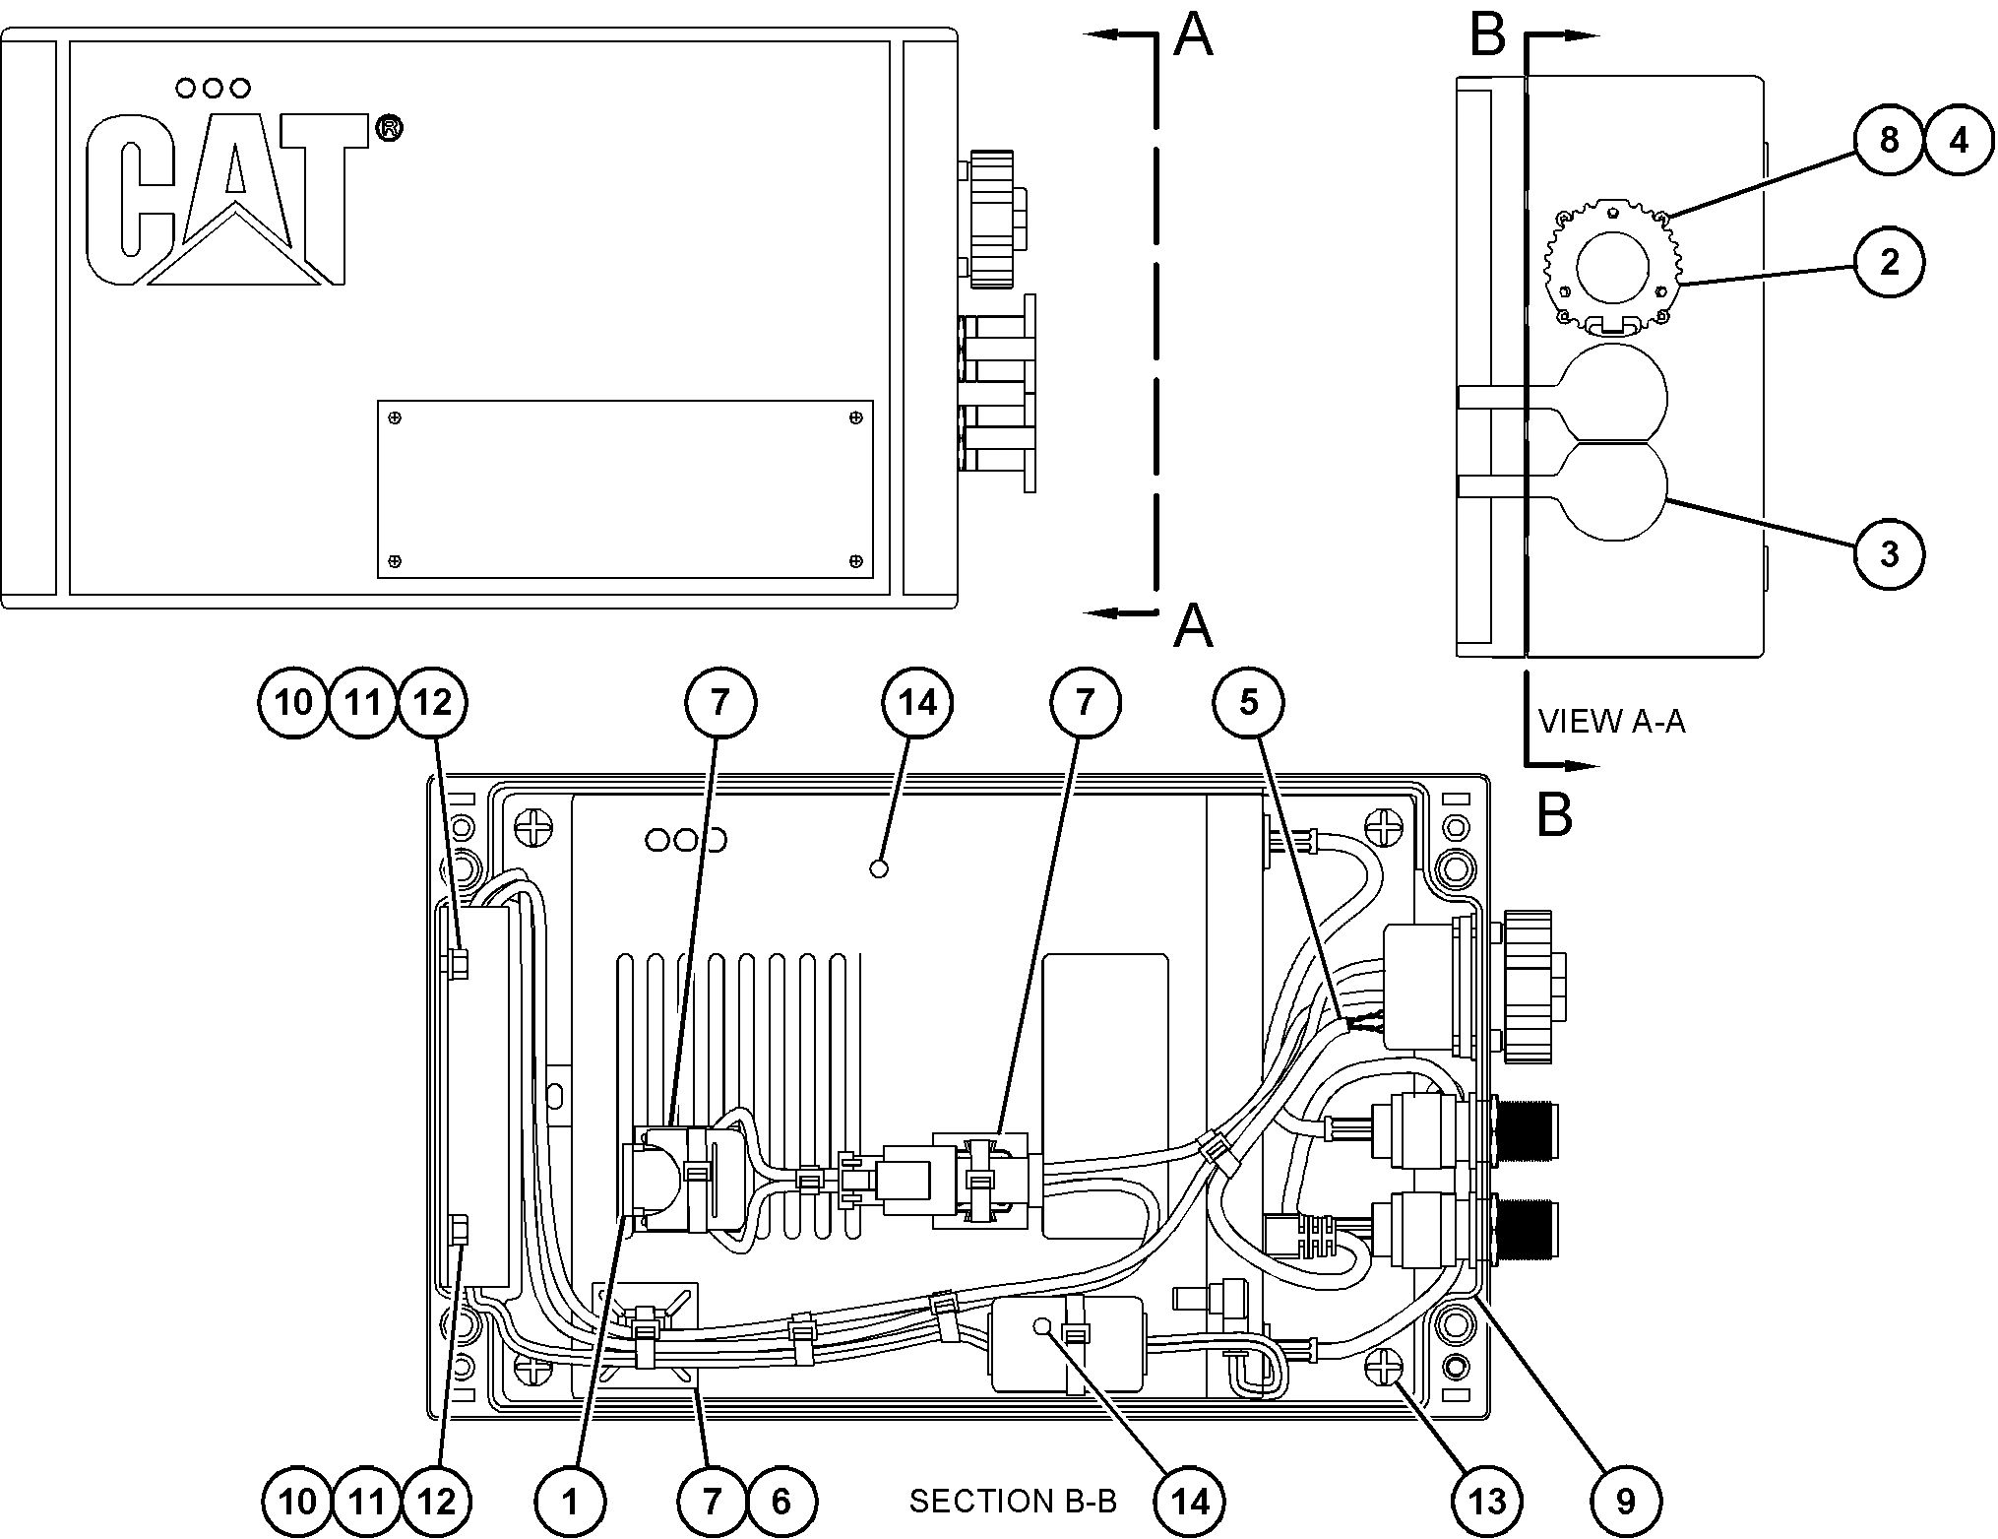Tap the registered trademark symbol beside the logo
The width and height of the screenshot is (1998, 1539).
pyautogui.click(x=389, y=129)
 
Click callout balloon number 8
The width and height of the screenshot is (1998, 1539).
pyautogui.click(x=1889, y=140)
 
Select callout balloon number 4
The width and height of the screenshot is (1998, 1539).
pyautogui.click(x=1959, y=140)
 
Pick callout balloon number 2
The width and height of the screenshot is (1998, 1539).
pyautogui.click(x=1889, y=263)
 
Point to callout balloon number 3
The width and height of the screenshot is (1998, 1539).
pyautogui.click(x=1889, y=553)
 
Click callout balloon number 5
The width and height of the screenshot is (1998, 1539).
pyautogui.click(x=1248, y=703)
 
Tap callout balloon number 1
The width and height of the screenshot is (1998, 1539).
pyautogui.click(x=571, y=1501)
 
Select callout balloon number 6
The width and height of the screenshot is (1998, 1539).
pyautogui.click(x=781, y=1501)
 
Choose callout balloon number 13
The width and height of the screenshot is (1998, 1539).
pyautogui.click(x=1487, y=1501)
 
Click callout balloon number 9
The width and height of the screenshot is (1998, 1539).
pyautogui.click(x=1626, y=1501)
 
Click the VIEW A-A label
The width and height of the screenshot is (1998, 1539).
pyautogui.click(x=1611, y=722)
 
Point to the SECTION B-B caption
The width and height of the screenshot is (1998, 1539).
pyautogui.click(x=1013, y=1502)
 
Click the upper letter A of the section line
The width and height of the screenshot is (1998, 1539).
pyautogui.click(x=1194, y=35)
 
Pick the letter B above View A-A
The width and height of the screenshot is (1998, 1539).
pyautogui.click(x=1486, y=35)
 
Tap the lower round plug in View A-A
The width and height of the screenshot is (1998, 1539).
pyautogui.click(x=1614, y=490)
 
